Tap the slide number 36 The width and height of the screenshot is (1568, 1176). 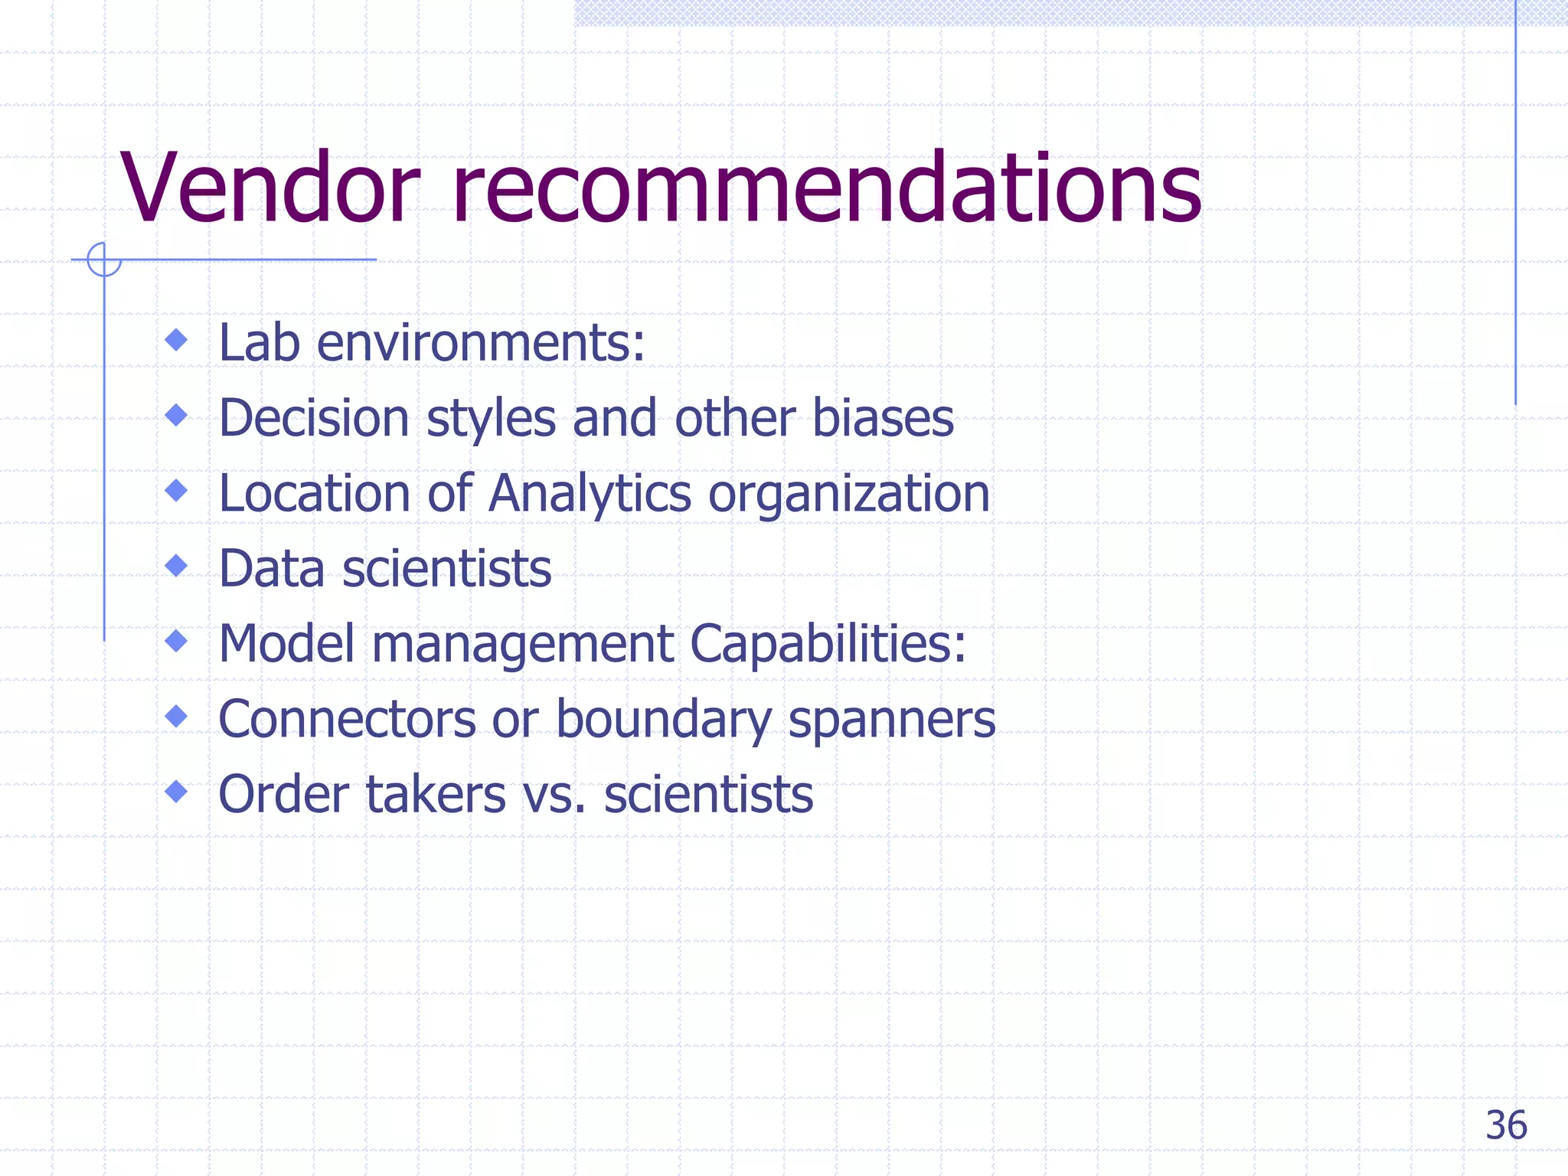[1506, 1125]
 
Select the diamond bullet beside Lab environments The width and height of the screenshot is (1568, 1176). [177, 339]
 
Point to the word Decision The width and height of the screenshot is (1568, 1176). [314, 418]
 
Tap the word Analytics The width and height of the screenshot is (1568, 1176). [590, 495]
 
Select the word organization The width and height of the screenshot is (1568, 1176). [849, 495]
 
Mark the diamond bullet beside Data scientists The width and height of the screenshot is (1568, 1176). [177, 566]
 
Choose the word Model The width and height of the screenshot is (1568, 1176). [287, 643]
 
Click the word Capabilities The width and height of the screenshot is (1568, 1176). [827, 645]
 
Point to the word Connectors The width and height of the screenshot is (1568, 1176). [347, 719]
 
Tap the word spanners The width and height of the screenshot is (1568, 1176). [891, 720]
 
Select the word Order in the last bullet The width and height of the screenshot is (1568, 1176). [284, 794]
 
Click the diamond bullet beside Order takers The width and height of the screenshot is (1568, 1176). [177, 791]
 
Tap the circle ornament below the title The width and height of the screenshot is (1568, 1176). [104, 259]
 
